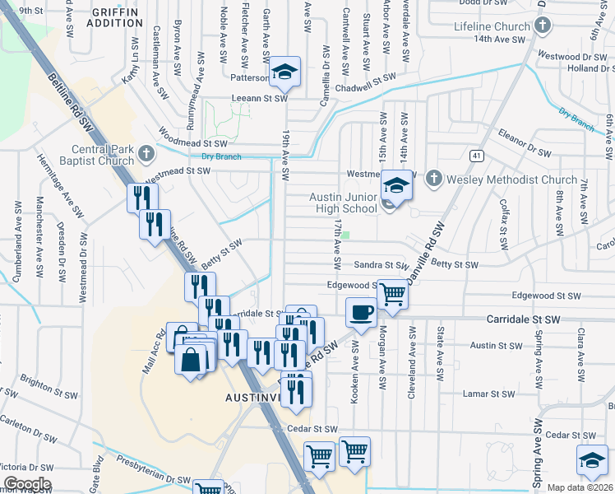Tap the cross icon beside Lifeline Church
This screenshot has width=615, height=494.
click(x=541, y=26)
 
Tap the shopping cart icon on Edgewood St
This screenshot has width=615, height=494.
click(x=393, y=292)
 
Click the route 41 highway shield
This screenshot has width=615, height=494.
click(x=476, y=155)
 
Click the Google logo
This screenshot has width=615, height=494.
click(x=26, y=484)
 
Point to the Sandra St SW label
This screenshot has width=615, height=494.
click(x=381, y=266)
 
